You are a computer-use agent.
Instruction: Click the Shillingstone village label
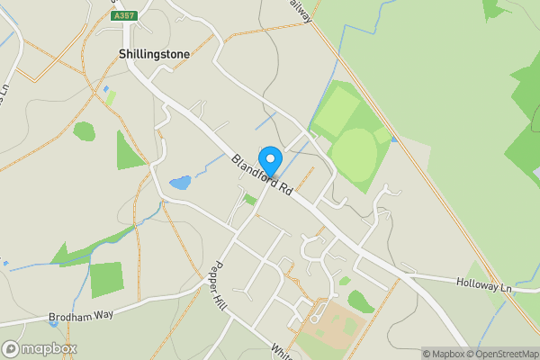coord(154,54)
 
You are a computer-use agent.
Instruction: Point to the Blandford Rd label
coord(262,175)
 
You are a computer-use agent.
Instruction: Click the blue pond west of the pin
coord(181,182)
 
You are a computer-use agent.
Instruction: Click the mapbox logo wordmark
coord(40,348)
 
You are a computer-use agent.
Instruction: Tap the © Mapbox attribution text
coord(442,354)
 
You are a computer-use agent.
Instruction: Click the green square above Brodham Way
coord(106,279)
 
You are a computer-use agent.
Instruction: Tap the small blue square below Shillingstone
coord(107,89)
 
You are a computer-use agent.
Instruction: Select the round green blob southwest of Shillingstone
coord(84,131)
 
